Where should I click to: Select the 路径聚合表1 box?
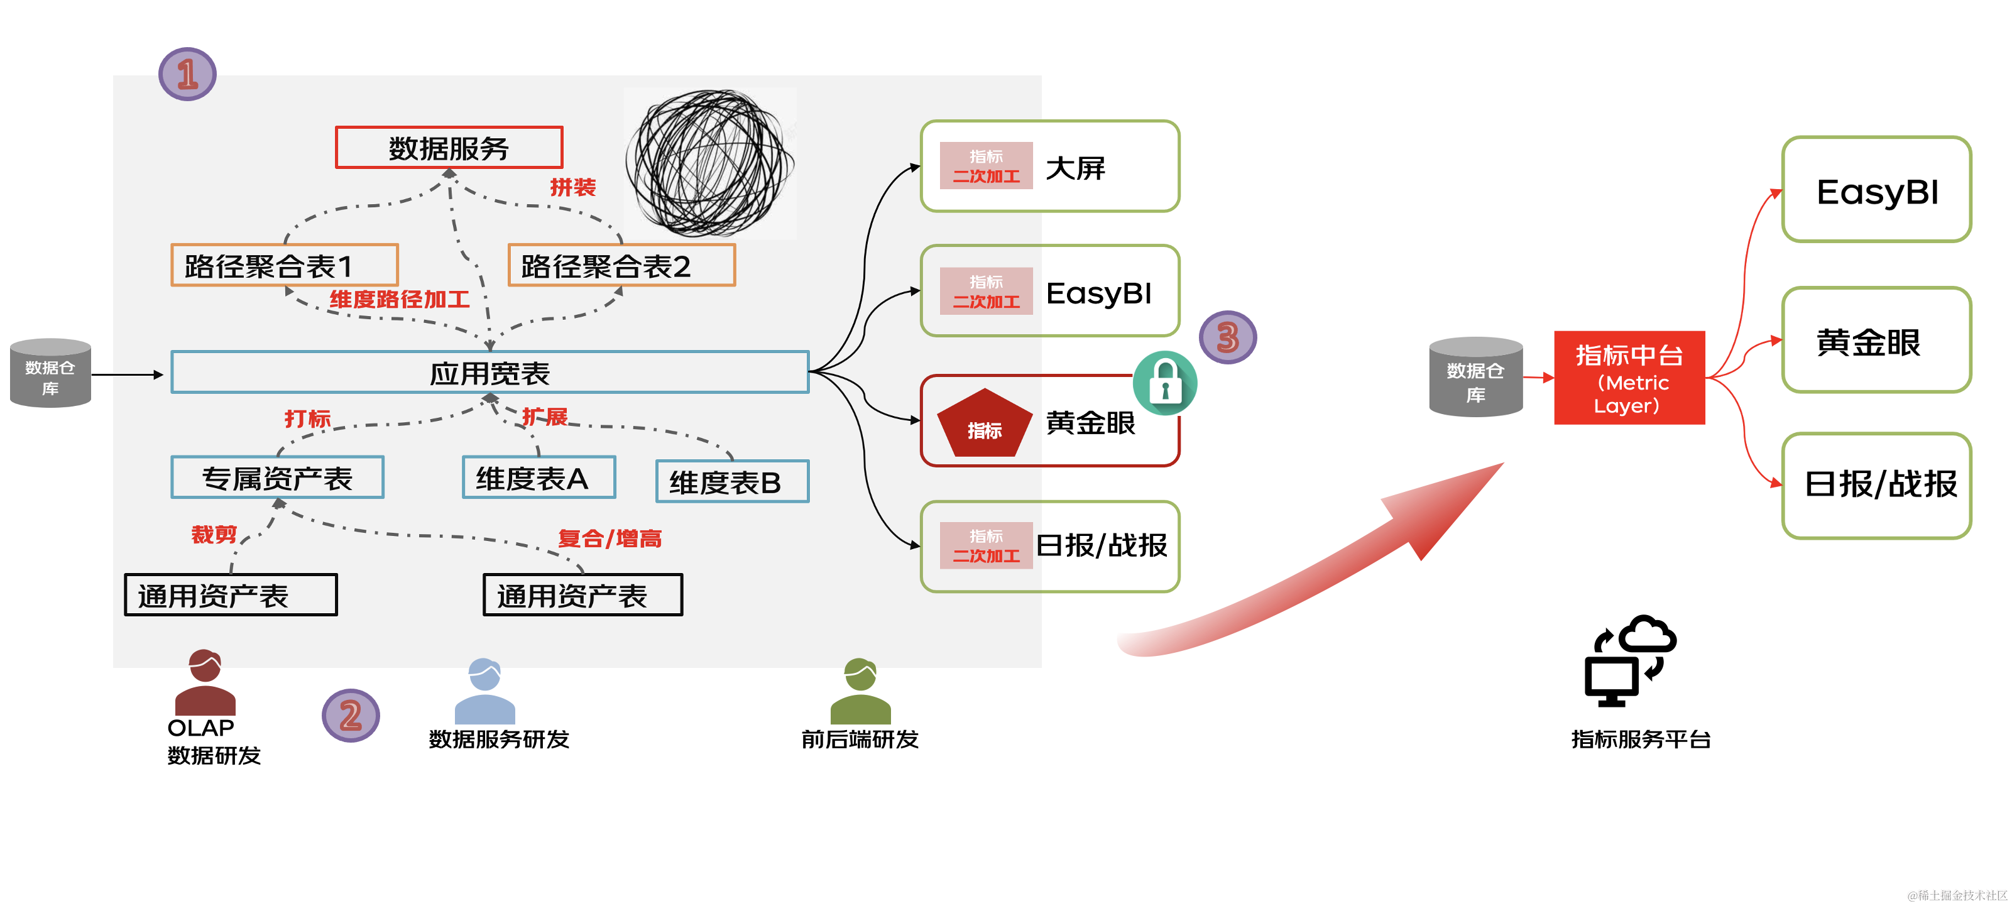point(284,266)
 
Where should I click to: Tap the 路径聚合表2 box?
point(621,266)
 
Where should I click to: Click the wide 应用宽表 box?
point(489,373)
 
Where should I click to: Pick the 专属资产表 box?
point(277,478)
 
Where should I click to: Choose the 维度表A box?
point(539,478)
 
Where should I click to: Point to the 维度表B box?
point(732,482)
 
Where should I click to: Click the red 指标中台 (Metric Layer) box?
point(1629,378)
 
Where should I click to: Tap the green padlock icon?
point(1164,383)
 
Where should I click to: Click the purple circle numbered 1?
point(187,74)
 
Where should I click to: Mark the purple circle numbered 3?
point(1227,337)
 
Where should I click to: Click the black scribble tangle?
point(709,163)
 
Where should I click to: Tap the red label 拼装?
point(572,187)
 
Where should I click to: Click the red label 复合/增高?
point(610,538)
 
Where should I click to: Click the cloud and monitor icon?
point(1629,661)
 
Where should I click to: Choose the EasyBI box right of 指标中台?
point(1876,190)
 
